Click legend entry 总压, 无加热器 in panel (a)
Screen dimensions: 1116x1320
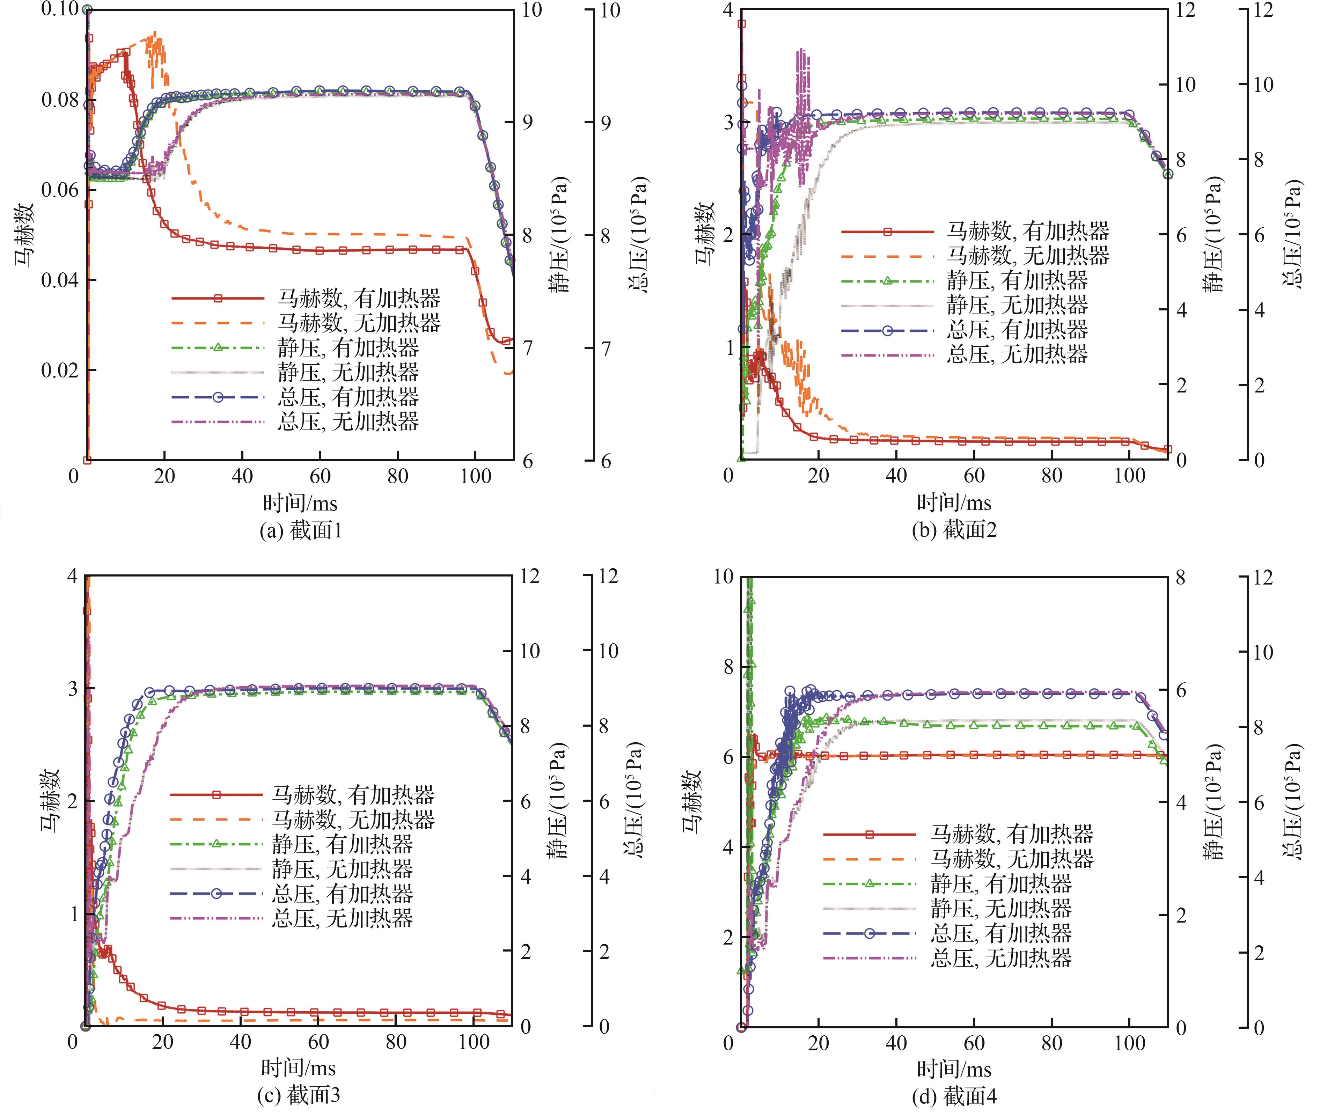[348, 421]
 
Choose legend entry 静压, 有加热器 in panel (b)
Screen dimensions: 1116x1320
[1017, 280]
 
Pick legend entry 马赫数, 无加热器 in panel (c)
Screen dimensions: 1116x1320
[353, 819]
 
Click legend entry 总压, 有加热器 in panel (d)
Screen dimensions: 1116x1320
[1001, 933]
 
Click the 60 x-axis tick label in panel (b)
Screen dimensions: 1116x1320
[974, 476]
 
